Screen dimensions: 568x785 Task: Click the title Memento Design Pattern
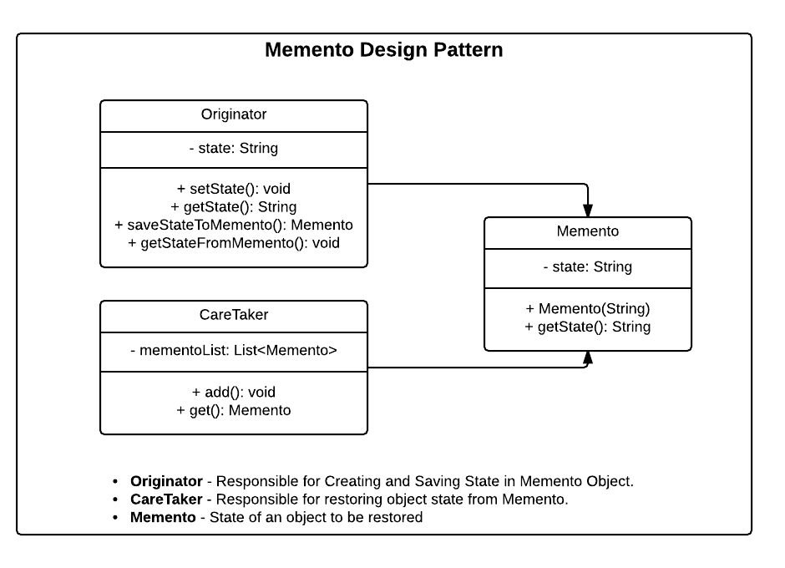383,50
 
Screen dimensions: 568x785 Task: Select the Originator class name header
234,115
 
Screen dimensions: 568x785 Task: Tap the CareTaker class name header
234,316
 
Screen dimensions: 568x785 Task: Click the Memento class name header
588,231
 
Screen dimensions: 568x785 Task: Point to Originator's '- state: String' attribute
234,149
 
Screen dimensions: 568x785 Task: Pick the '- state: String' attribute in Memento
588,267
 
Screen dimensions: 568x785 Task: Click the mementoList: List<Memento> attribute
234,351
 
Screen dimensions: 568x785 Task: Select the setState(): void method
234,189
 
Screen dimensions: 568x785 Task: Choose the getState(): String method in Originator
234,207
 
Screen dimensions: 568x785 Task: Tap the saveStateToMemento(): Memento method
234,226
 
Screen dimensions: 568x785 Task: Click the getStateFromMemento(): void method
234,244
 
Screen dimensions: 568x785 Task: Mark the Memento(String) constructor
588,308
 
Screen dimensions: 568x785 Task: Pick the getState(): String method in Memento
588,327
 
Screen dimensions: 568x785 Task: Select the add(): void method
234,392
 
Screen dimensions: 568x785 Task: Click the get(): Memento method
234,410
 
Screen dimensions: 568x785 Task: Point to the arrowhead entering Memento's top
588,210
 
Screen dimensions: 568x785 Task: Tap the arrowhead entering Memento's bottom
588,358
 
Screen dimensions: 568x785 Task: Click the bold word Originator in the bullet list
166,481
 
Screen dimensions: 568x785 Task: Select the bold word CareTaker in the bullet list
166,500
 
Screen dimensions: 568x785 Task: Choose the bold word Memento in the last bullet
163,518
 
